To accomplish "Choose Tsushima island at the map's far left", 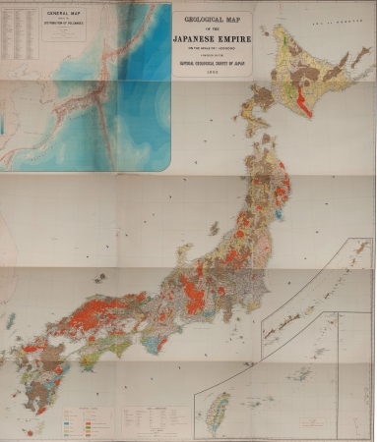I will point(10,319).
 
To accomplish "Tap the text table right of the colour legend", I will point(143,420).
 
